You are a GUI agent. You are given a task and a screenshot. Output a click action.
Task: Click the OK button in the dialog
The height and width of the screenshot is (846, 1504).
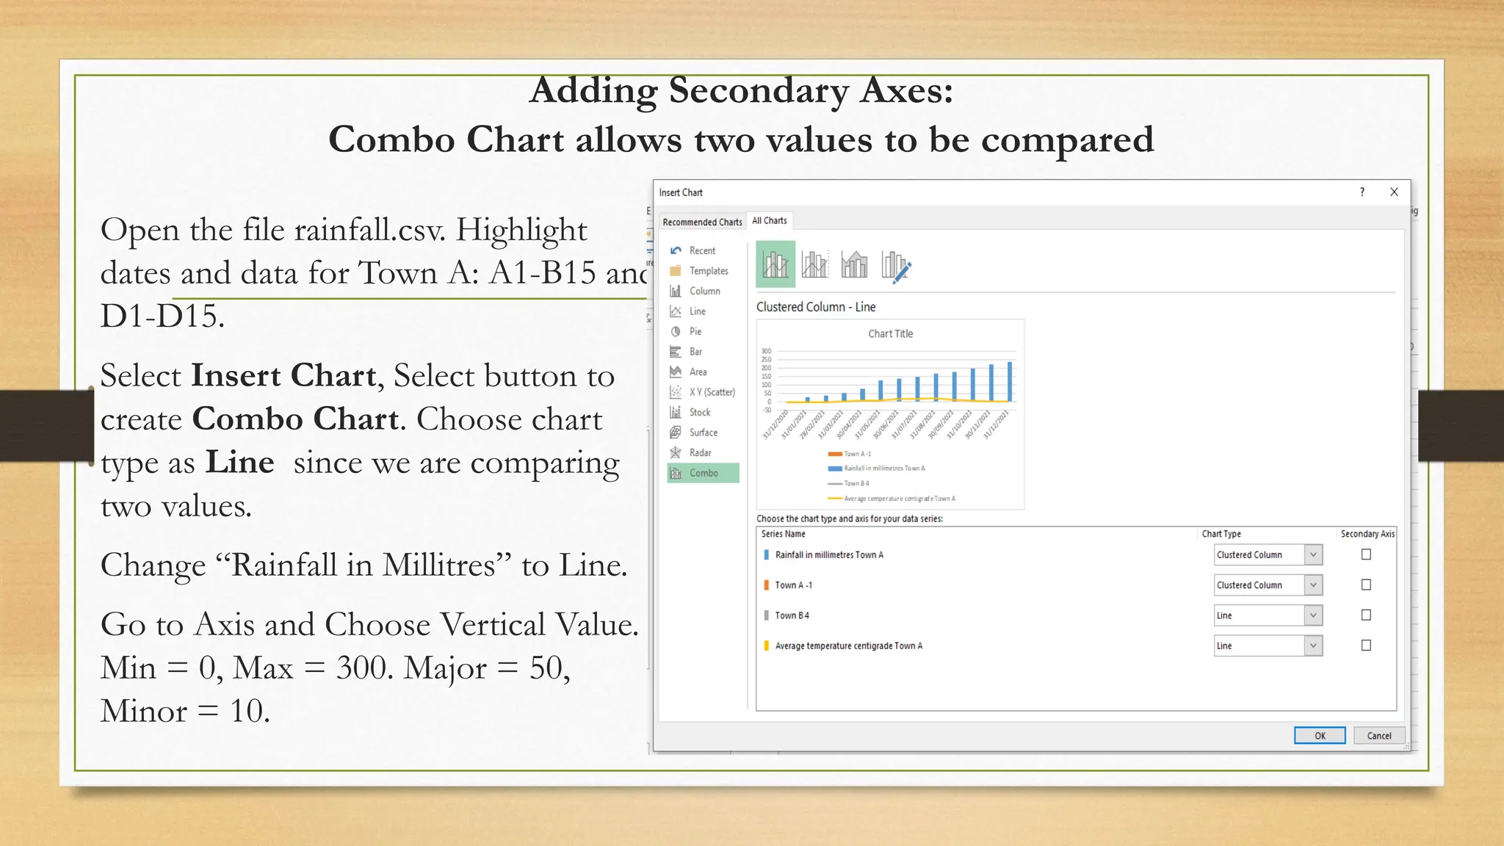pyautogui.click(x=1319, y=735)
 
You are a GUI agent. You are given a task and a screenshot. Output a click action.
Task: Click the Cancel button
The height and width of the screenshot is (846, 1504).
pyautogui.click(x=1378, y=735)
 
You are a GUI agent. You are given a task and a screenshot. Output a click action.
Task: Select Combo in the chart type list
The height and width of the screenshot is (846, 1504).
pyautogui.click(x=703, y=473)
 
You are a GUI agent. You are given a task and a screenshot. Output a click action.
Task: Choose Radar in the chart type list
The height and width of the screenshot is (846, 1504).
pyautogui.click(x=699, y=452)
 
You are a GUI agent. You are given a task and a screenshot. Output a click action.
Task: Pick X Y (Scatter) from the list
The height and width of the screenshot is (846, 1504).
pyautogui.click(x=711, y=392)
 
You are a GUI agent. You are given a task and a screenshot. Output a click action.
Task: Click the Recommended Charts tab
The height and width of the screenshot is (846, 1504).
pyautogui.click(x=701, y=222)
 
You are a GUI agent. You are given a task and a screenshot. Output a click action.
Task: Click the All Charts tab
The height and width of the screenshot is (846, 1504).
pyautogui.click(x=769, y=220)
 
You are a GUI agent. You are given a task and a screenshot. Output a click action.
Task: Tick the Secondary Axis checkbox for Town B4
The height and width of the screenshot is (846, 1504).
pyautogui.click(x=1366, y=615)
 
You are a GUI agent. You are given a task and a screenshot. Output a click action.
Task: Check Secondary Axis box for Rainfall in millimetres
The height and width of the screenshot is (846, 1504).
pyautogui.click(x=1366, y=554)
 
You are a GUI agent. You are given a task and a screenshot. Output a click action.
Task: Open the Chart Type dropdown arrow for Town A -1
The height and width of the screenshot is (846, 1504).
pyautogui.click(x=1313, y=585)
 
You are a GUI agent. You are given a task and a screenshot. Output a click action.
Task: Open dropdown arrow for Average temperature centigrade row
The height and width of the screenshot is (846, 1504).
pyautogui.click(x=1313, y=646)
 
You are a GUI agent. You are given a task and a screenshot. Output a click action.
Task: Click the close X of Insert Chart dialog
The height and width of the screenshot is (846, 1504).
pyautogui.click(x=1394, y=192)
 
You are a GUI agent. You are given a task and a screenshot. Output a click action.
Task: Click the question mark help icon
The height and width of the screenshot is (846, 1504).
pyautogui.click(x=1362, y=192)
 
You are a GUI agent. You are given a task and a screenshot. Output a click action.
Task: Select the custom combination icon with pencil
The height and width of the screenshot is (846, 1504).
pyautogui.click(x=896, y=265)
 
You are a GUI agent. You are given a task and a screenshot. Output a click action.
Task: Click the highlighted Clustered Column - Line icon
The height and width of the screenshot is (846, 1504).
pyautogui.click(x=775, y=264)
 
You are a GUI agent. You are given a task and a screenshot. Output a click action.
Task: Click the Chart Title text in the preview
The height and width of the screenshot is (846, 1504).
pyautogui.click(x=890, y=333)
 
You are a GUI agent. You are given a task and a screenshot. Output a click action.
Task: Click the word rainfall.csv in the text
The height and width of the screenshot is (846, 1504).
pyautogui.click(x=369, y=230)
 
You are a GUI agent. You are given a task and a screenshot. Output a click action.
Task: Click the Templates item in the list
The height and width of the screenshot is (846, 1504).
pyautogui.click(x=708, y=271)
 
